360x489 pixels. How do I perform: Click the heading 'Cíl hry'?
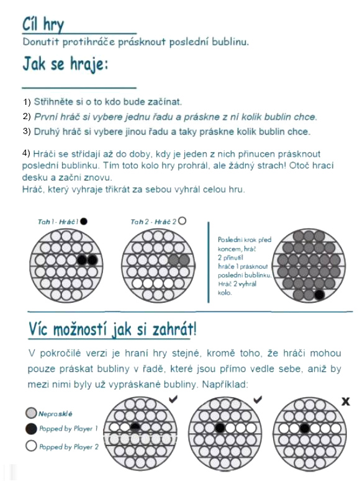(43, 24)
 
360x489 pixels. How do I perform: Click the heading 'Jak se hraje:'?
(65, 65)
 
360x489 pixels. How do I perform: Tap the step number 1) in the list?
(27, 102)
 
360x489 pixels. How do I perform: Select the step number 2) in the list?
(27, 117)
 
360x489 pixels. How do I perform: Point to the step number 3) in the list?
(27, 132)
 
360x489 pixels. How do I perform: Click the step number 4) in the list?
(26, 153)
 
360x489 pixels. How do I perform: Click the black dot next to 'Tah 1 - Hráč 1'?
(84, 222)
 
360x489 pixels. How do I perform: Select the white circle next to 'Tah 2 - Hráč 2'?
(182, 221)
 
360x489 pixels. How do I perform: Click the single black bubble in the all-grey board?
(319, 294)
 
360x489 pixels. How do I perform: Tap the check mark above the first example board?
(173, 399)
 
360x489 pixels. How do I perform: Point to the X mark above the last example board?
(345, 402)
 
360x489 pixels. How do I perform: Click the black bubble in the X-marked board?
(305, 428)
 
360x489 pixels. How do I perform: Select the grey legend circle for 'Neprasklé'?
(31, 413)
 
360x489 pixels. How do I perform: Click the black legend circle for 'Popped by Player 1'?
(31, 429)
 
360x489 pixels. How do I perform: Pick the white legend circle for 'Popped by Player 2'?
(31, 446)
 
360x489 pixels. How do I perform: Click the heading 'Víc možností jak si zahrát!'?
(112, 330)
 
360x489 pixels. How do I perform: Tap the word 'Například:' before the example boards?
(225, 384)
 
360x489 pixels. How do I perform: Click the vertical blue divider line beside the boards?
(209, 262)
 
